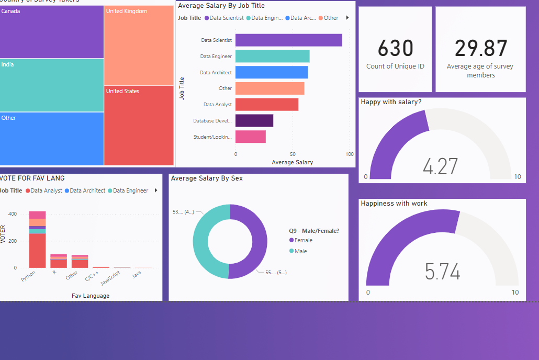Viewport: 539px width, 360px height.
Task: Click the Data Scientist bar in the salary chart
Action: pos(288,40)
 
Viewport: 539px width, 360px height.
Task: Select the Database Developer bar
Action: pos(254,121)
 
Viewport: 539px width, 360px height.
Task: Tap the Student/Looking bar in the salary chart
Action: pos(250,137)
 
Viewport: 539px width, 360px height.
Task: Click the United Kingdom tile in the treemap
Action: pos(139,44)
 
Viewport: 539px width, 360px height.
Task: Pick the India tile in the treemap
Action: pos(52,85)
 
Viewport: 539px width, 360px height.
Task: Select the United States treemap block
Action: pos(139,125)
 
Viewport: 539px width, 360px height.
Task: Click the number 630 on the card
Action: pos(395,49)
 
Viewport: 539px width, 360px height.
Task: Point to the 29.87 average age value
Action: pos(480,49)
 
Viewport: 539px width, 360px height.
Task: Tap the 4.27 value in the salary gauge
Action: pos(440,167)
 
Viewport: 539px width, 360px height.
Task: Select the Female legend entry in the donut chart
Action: pos(303,241)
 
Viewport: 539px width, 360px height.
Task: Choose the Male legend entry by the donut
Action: pos(300,252)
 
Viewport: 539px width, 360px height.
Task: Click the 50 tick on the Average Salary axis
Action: pos(293,154)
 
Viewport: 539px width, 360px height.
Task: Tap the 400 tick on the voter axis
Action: pos(12,215)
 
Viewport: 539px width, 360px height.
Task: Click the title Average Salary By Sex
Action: pos(207,178)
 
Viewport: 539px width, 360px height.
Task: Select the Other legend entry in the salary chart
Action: pos(331,18)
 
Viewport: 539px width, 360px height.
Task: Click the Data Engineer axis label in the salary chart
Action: pos(216,57)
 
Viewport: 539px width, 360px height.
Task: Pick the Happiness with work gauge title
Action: pos(394,204)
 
